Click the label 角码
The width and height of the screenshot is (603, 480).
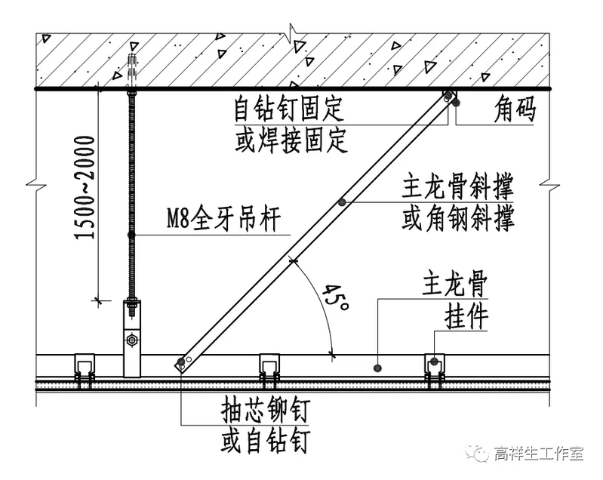[515, 109]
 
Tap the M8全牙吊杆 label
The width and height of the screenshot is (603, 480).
[223, 221]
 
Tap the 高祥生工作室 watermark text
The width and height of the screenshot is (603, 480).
[539, 454]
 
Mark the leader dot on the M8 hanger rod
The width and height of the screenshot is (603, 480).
[131, 235]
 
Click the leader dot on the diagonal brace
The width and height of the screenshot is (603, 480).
[342, 202]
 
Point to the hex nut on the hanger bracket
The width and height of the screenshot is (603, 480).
[132, 339]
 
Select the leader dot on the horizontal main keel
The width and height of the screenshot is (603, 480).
[377, 368]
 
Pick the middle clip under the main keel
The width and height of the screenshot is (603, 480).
[269, 370]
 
